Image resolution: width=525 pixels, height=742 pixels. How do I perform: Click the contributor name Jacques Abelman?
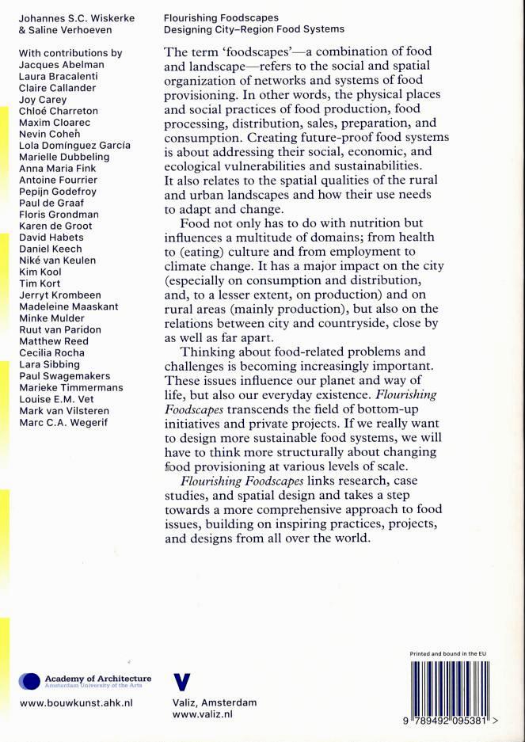62,65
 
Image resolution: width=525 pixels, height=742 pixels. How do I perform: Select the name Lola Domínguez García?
74,146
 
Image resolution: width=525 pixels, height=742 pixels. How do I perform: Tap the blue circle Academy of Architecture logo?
29,682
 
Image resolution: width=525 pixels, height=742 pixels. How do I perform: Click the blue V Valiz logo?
182,682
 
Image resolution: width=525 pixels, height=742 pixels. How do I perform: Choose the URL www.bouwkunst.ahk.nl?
75,702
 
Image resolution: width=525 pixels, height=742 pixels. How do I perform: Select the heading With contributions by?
70,53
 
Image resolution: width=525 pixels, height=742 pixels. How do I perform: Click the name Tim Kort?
40,283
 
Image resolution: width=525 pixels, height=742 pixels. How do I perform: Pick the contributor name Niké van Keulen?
57,261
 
